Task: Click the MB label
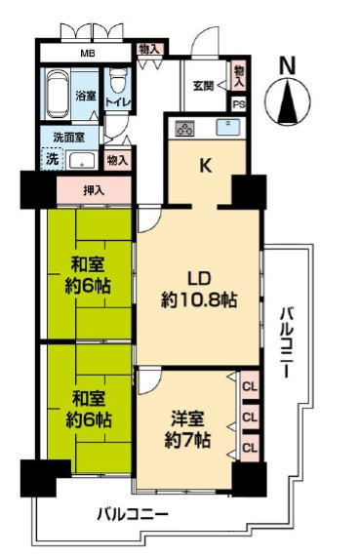[x=88, y=55]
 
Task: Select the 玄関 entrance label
[x=203, y=86]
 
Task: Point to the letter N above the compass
[x=287, y=65]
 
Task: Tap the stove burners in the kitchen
[x=183, y=128]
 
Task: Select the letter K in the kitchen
[x=206, y=165]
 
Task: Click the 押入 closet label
[x=95, y=190]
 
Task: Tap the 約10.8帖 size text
[x=199, y=301]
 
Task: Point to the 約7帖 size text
[x=187, y=441]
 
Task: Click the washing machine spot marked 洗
[x=51, y=159]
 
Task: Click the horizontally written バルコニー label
[x=132, y=514]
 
